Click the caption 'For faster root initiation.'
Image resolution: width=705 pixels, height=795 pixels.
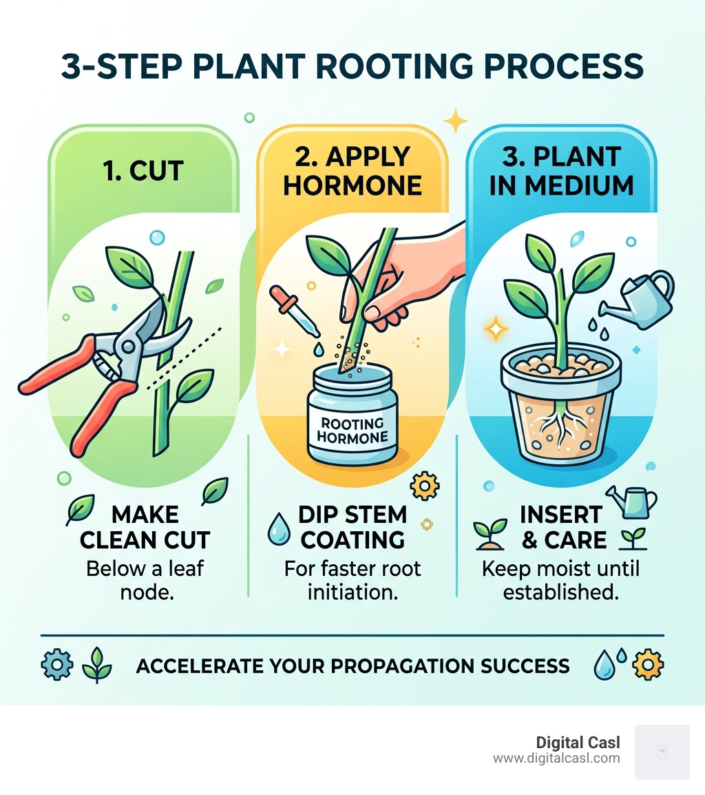point(352,580)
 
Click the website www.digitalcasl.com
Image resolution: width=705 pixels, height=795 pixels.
point(556,758)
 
